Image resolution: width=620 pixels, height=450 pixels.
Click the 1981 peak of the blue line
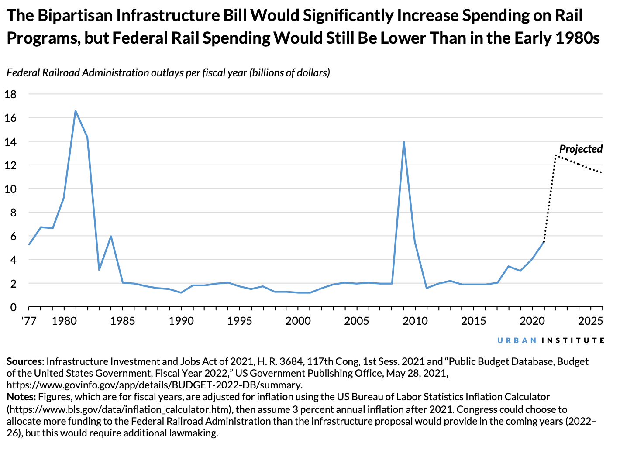pos(76,111)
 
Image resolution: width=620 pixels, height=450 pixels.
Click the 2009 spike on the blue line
pos(404,142)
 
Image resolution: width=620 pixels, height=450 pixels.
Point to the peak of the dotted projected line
pos(555,155)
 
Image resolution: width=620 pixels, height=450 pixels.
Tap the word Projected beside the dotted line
pos(581,149)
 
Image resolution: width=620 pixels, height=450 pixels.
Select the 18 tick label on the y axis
pos(10,94)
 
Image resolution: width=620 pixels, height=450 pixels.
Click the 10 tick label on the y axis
pos(10,189)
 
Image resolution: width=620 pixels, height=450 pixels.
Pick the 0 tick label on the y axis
pos(13,307)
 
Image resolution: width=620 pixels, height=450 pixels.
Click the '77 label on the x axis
pos(29,322)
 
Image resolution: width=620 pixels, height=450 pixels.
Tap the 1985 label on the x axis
pos(123,322)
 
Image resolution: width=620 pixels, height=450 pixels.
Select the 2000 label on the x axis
pos(298,322)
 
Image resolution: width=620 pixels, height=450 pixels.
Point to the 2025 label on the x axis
pos(590,322)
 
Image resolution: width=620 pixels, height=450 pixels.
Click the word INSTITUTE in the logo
pos(573,340)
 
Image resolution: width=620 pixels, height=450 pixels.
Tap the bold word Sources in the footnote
pos(24,362)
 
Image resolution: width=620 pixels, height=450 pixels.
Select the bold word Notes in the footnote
pos(21,397)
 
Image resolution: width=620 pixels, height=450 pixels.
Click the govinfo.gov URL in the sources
pos(154,385)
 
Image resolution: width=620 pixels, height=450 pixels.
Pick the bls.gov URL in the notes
pos(117,409)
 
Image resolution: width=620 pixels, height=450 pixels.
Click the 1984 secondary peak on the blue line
pos(111,236)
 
